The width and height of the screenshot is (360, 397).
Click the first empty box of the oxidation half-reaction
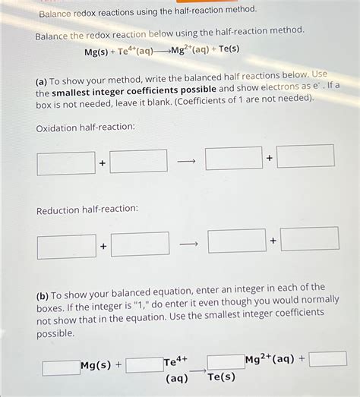tap(66, 163)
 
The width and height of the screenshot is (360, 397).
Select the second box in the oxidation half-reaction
tap(138, 161)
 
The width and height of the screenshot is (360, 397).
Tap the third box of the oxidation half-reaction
tap(233, 159)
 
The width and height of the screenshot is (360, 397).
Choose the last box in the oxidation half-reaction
tap(305, 156)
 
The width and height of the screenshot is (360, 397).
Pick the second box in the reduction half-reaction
tap(140, 244)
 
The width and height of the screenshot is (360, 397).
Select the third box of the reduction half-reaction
tap(237, 241)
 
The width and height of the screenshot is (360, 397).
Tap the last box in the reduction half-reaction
tap(309, 238)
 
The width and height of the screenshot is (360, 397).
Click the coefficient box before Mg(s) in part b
tap(61, 368)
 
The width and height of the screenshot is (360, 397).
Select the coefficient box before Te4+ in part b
tap(144, 365)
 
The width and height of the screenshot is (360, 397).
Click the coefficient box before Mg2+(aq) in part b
tap(226, 361)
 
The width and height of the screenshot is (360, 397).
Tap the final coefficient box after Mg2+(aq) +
tap(327, 358)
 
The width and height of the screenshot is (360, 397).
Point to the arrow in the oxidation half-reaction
tap(186, 161)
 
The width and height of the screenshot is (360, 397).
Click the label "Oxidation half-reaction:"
tap(85, 127)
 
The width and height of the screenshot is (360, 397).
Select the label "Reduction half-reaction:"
tap(87, 209)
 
